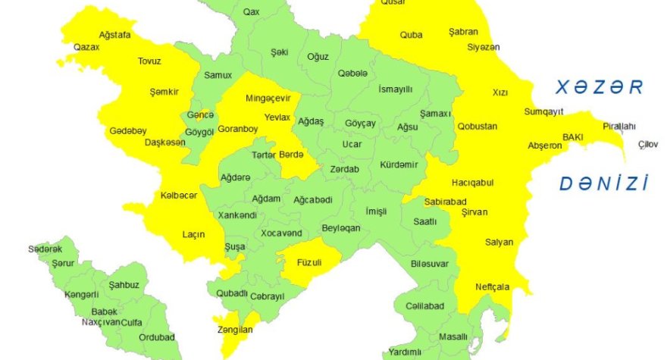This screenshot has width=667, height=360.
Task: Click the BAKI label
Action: click(572, 137)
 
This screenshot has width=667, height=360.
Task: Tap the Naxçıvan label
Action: click(101, 322)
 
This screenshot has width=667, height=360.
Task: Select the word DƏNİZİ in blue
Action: click(603, 183)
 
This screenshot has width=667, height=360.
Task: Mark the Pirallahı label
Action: click(620, 126)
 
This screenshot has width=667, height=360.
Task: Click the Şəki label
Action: click(280, 52)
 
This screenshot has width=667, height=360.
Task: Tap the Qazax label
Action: click(86, 47)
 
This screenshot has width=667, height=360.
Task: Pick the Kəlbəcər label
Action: click(179, 196)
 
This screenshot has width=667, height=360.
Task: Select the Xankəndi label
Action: click(237, 215)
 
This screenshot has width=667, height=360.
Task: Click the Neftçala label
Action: click(493, 286)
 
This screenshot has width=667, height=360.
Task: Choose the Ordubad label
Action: click(158, 337)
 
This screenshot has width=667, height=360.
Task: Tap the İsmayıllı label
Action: click(395, 89)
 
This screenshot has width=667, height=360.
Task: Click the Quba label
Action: click(411, 34)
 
